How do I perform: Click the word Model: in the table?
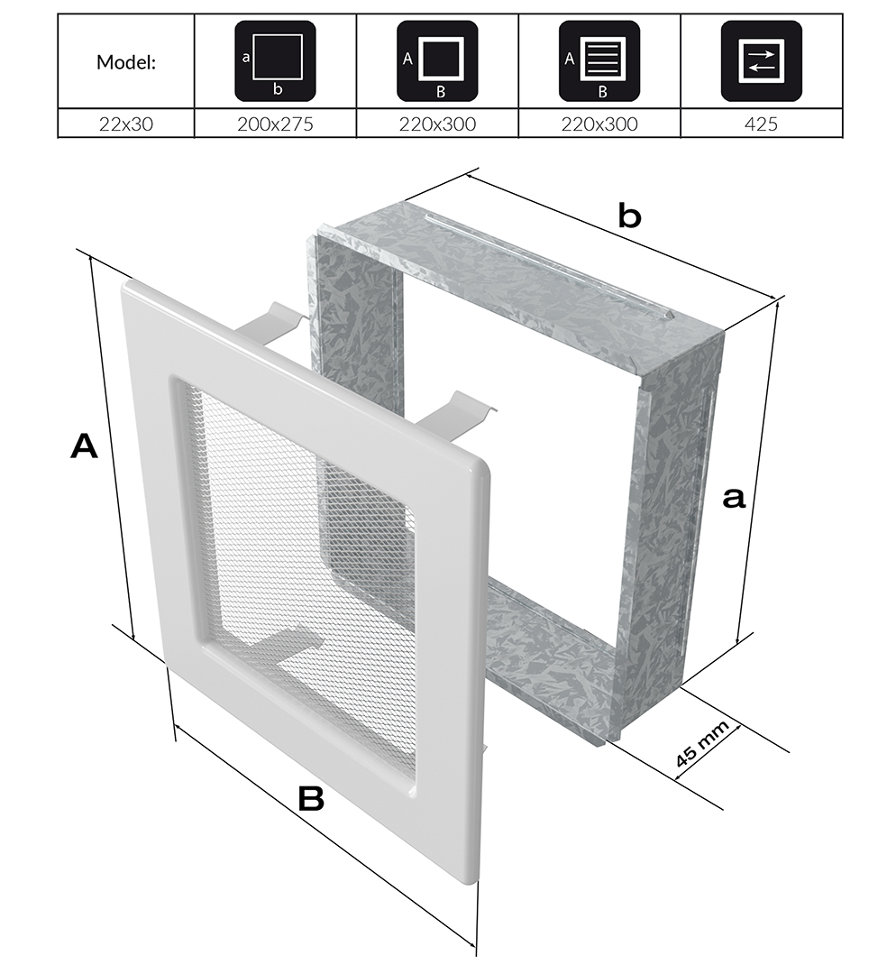coord(125,62)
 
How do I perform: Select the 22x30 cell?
coord(125,124)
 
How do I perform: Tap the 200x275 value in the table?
coord(275,124)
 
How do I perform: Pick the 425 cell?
coord(761,124)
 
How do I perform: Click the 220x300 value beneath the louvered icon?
coord(599,124)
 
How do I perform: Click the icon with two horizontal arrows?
coord(761,60)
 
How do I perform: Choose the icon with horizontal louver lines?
coord(599,60)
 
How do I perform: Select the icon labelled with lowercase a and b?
coord(275,60)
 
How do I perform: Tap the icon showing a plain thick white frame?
coord(437,60)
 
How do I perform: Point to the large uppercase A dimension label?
coord(84,446)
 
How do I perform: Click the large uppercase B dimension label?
coord(310,798)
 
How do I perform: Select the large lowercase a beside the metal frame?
coord(735,496)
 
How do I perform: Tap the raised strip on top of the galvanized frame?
coord(550,262)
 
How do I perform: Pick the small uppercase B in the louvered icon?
coord(603,91)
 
